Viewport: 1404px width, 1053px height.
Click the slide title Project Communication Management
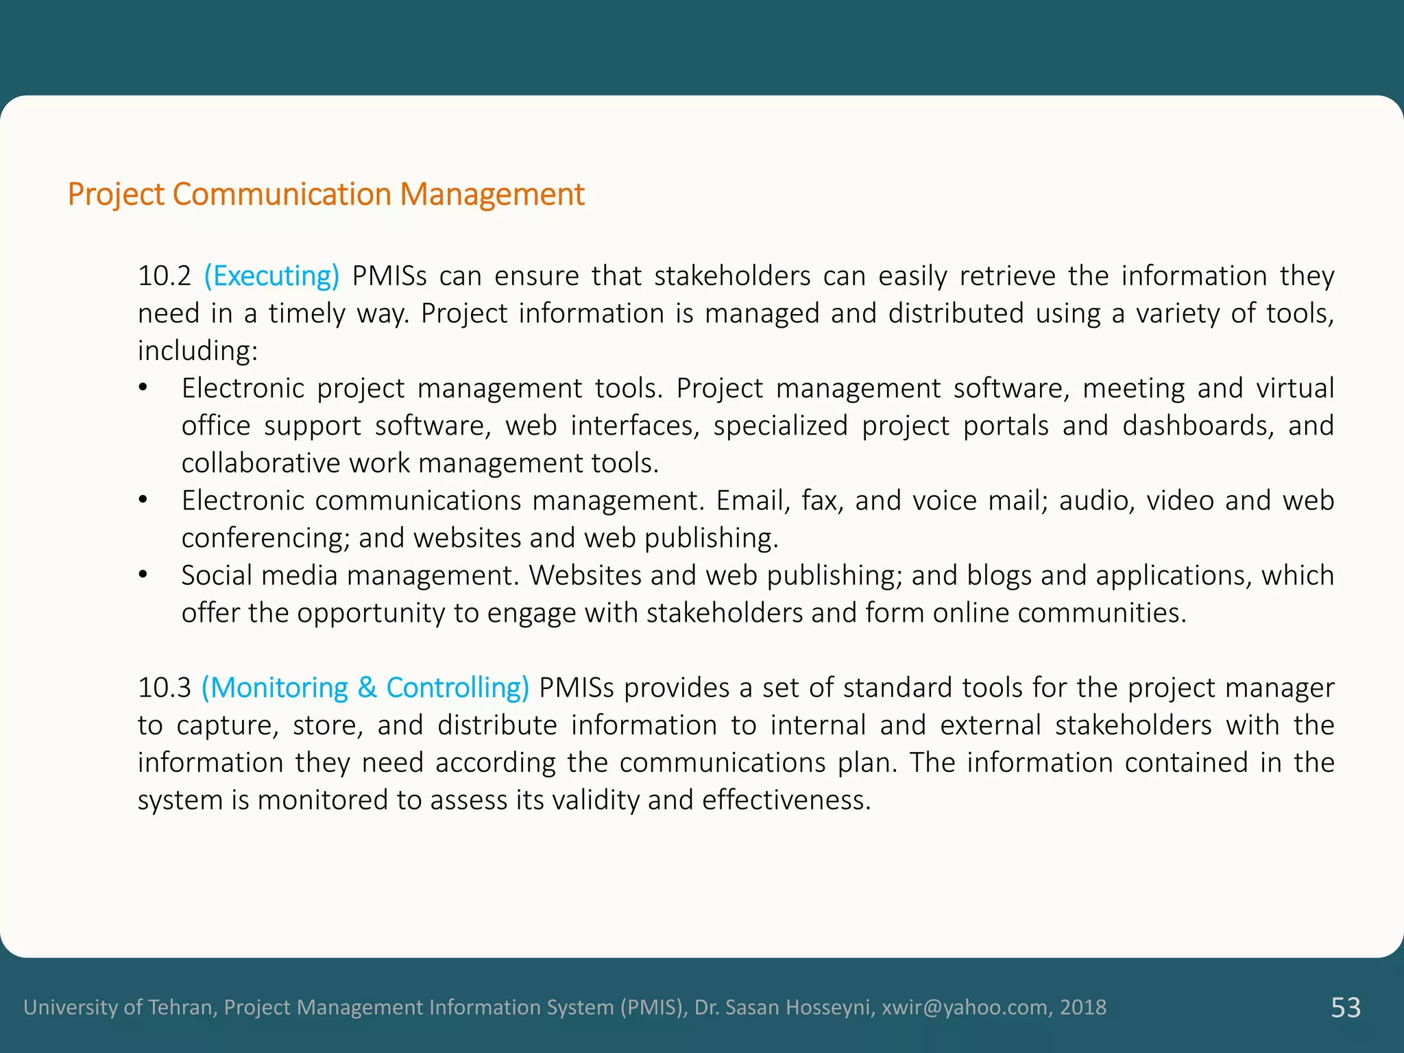[326, 195]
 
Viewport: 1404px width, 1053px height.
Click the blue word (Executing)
[271, 276]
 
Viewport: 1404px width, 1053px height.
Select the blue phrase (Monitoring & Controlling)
[365, 688]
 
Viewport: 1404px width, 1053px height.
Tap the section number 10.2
[164, 276]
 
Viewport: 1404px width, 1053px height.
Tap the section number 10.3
[164, 688]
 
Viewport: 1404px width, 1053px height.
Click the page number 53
[1345, 1008]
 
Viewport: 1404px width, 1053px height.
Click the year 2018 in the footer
[1083, 1008]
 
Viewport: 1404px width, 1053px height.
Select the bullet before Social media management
[143, 575]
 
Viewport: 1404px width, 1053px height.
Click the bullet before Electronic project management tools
[143, 389]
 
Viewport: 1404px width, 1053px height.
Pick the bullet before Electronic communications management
[143, 500]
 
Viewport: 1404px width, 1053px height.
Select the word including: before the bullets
[197, 351]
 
